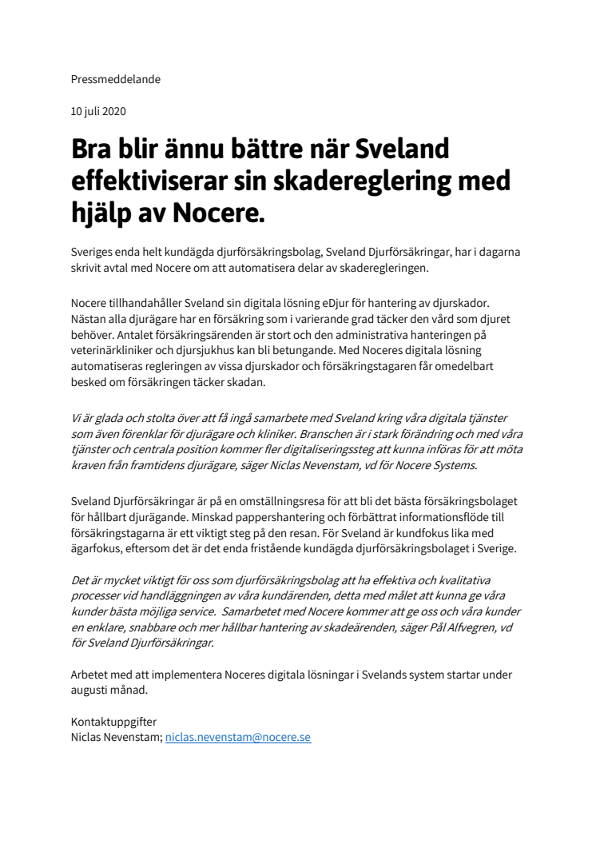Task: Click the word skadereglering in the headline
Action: (x=372, y=181)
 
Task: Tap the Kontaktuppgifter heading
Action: (x=114, y=722)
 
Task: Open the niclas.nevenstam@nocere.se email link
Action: (x=237, y=737)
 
